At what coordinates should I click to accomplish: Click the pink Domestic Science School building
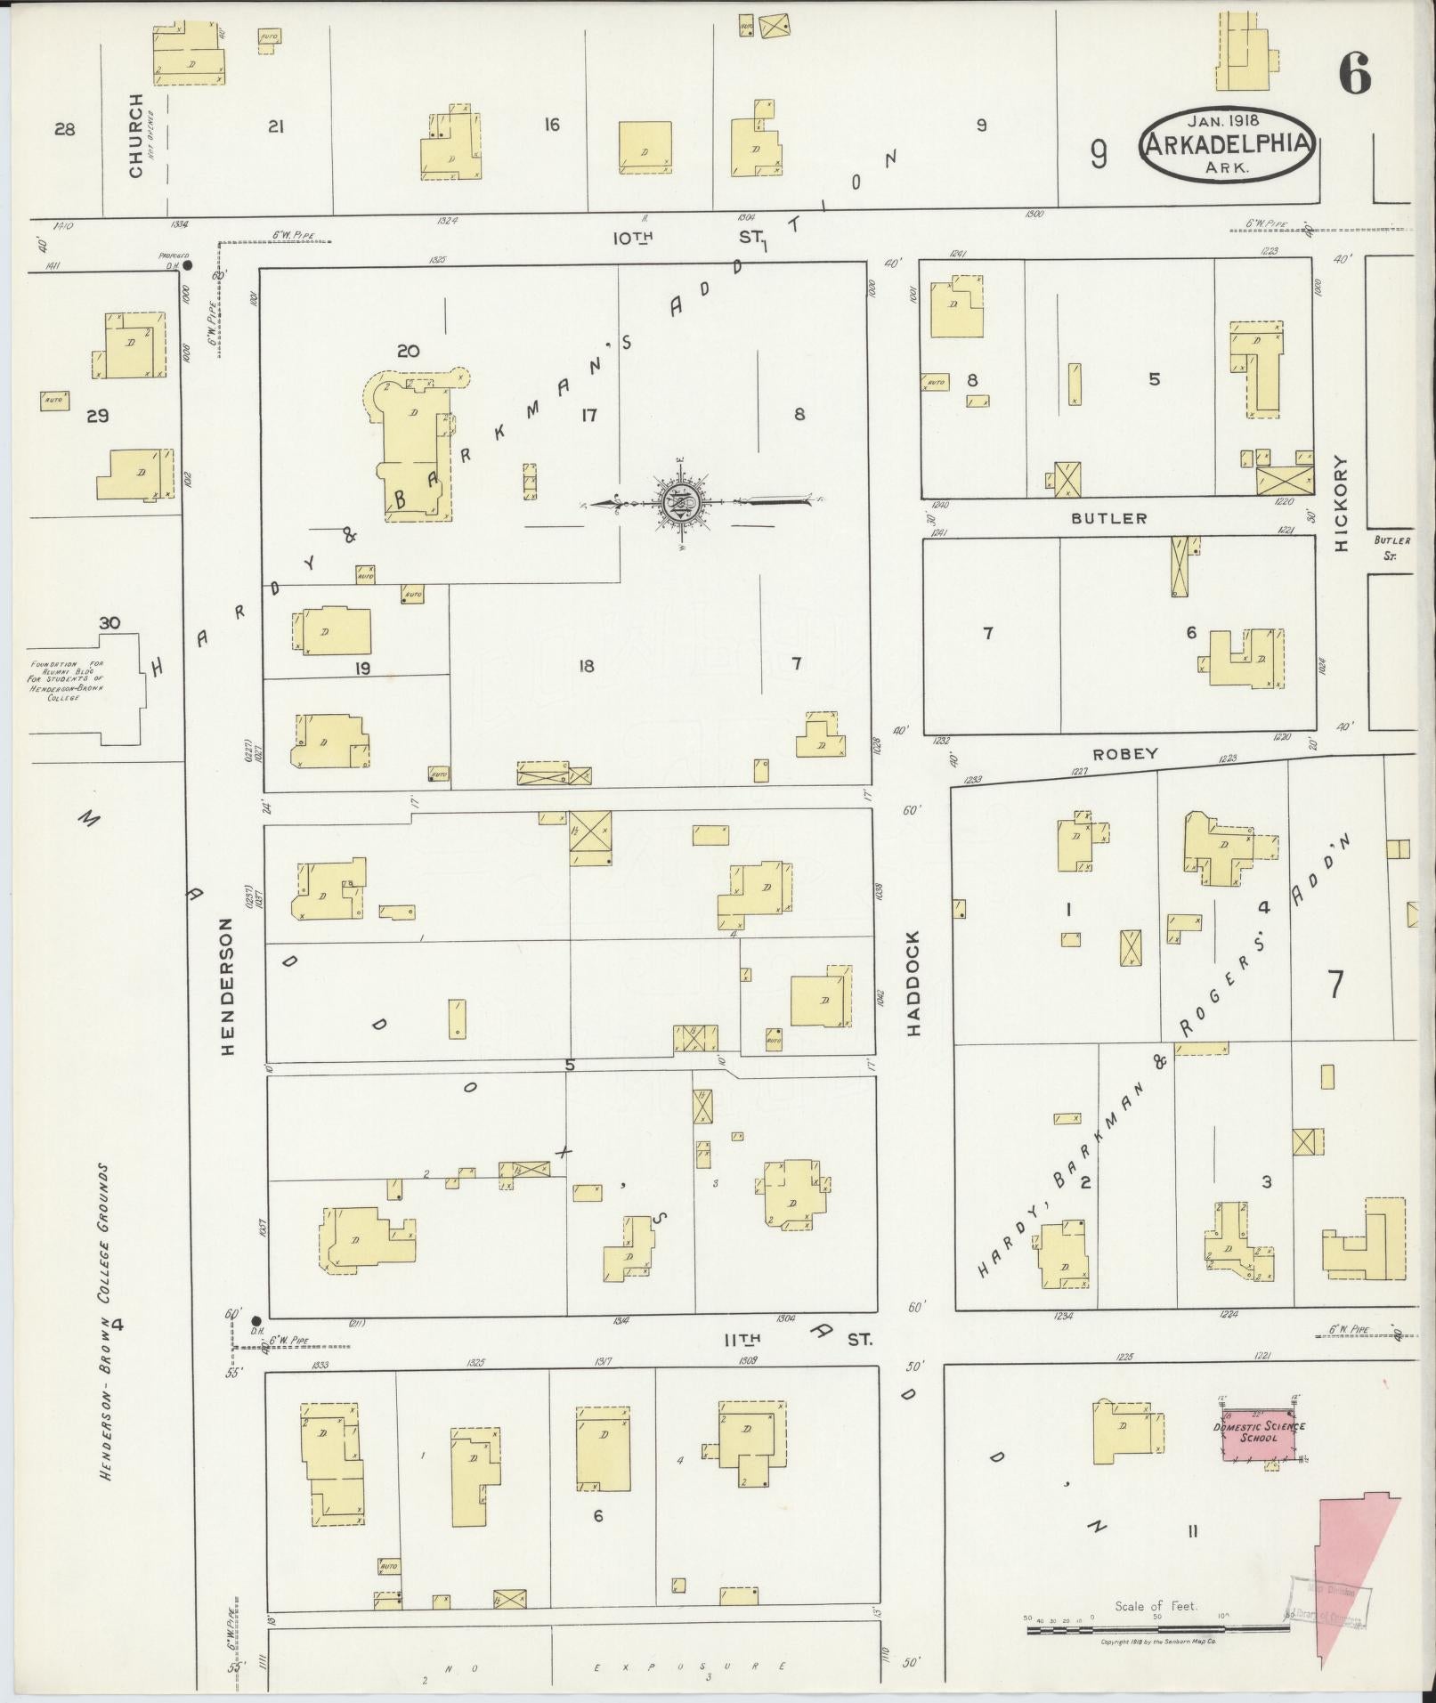pyautogui.click(x=1262, y=1432)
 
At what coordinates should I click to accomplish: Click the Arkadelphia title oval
pyautogui.click(x=1228, y=145)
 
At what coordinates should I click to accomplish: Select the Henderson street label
pyautogui.click(x=226, y=986)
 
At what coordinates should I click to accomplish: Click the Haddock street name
pyautogui.click(x=914, y=983)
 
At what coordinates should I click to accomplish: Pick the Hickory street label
pyautogui.click(x=1342, y=504)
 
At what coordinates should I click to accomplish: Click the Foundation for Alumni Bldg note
pyautogui.click(x=68, y=681)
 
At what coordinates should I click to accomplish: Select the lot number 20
pyautogui.click(x=408, y=351)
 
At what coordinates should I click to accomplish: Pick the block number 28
pyautogui.click(x=64, y=130)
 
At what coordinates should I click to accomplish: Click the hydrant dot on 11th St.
pyautogui.click(x=256, y=1320)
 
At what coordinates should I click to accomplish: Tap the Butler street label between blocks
pyautogui.click(x=1109, y=517)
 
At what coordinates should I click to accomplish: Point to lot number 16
pyautogui.click(x=552, y=125)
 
